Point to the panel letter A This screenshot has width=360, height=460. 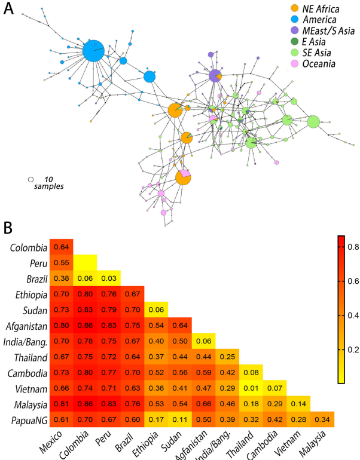[9, 10]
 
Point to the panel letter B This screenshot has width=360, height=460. [8, 228]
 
